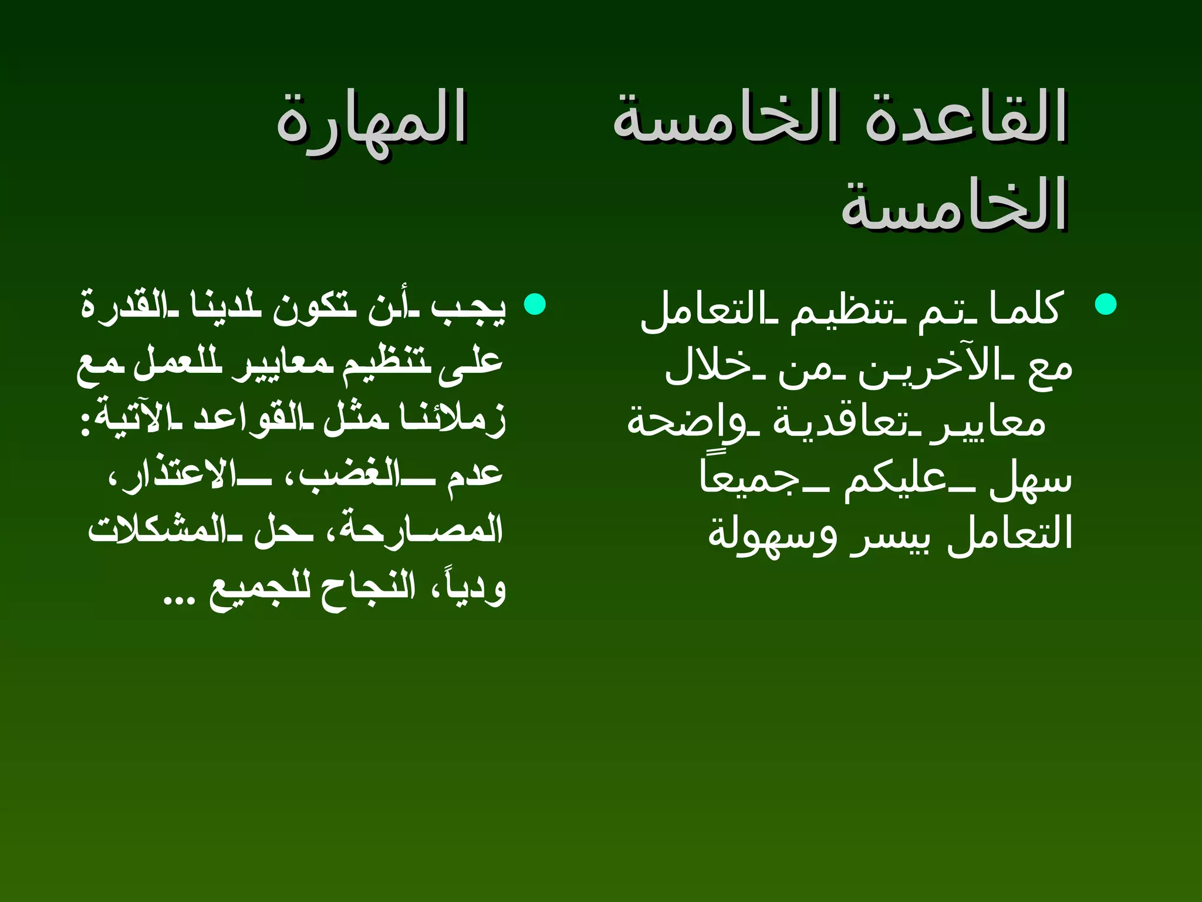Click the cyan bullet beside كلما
tap(1106, 304)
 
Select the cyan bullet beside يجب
tap(535, 304)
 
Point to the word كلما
tap(1024, 308)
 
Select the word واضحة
tap(675, 422)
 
